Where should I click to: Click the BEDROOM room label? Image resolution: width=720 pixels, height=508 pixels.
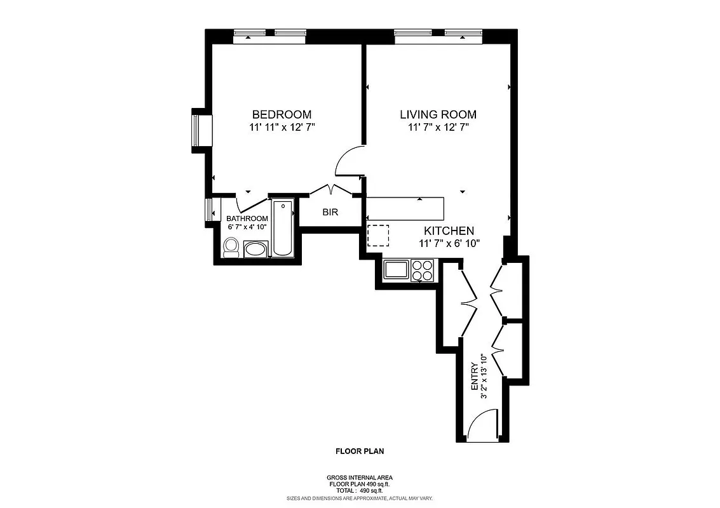point(282,115)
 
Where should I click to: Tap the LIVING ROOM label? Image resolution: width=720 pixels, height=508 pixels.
point(438,115)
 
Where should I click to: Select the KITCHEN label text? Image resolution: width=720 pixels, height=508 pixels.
point(449,231)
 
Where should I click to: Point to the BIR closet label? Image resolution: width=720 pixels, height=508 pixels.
point(330,213)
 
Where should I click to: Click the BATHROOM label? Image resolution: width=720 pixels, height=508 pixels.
point(247,218)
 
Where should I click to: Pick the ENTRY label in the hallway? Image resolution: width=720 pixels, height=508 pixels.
point(474,376)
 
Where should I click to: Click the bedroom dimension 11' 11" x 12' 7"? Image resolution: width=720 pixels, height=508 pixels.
point(282,128)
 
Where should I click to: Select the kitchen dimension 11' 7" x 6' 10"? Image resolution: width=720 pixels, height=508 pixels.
point(449,243)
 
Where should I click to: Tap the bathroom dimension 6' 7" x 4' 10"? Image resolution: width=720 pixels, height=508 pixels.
point(247,227)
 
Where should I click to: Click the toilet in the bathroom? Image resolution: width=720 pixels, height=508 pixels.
point(231,248)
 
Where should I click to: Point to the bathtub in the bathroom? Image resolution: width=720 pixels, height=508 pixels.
point(282,229)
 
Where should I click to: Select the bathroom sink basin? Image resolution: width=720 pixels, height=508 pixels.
point(256,248)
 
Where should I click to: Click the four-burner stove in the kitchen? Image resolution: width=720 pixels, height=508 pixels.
point(422,270)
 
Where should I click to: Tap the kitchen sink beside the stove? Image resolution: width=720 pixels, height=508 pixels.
point(397,270)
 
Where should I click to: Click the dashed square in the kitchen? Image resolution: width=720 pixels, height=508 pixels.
point(378,236)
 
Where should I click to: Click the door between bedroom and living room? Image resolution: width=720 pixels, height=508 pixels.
point(349,161)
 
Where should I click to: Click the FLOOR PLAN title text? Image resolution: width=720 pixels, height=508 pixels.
point(360,452)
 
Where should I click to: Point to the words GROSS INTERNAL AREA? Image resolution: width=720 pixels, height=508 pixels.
point(360,478)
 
